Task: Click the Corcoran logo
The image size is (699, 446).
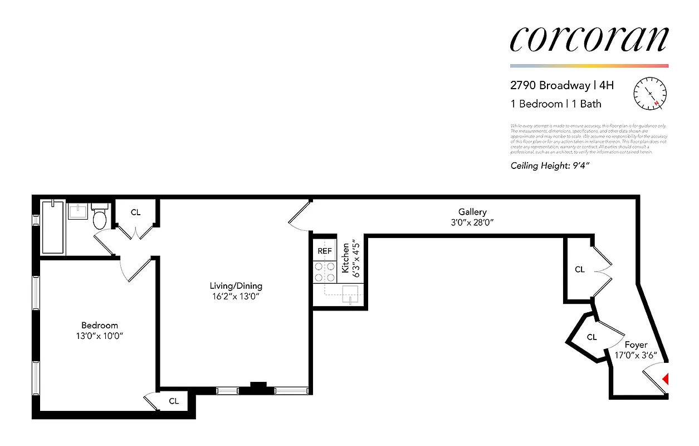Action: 589,40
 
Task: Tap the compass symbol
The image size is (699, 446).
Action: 650,94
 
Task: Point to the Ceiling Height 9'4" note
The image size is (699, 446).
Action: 550,165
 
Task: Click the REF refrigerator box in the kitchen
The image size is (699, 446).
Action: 325,251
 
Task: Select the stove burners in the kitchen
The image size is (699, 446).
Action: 325,272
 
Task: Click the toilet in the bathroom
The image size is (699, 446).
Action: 100,218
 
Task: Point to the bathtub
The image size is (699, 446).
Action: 53,228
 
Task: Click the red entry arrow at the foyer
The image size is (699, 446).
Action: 664,380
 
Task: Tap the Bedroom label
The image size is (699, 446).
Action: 100,326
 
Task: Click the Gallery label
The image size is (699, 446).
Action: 472,212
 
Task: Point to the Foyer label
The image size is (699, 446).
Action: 636,345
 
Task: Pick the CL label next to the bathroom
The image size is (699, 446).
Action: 135,212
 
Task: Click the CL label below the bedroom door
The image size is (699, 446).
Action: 174,401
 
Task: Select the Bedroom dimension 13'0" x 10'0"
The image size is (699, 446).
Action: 100,336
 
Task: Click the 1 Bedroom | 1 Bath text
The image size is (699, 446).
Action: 556,104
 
